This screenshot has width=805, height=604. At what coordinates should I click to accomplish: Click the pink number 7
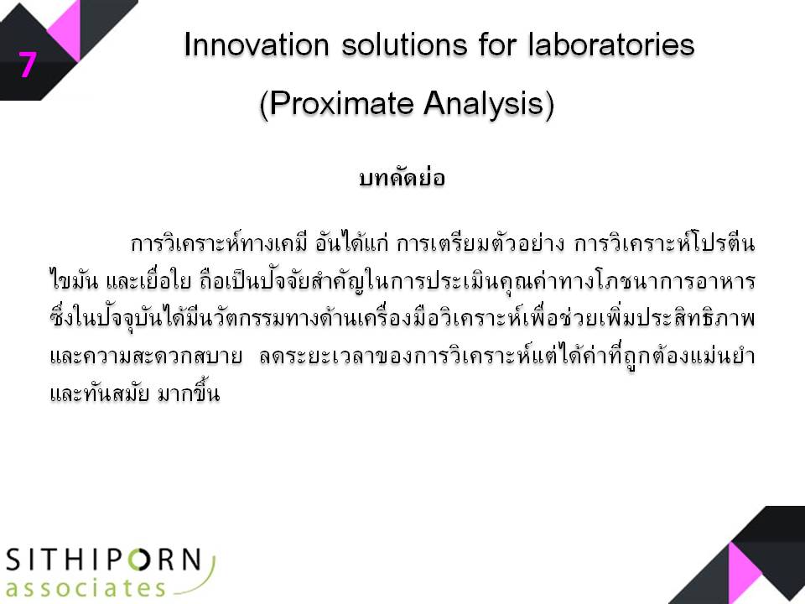(x=28, y=65)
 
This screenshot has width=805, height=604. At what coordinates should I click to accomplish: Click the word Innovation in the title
(x=257, y=44)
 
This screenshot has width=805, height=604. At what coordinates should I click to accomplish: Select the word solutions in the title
(x=404, y=44)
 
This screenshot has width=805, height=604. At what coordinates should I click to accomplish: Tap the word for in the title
(x=497, y=44)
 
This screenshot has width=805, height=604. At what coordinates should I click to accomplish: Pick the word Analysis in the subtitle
(x=489, y=104)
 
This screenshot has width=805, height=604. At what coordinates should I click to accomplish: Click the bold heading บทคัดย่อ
(x=402, y=176)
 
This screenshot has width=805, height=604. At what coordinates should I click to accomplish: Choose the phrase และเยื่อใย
(x=148, y=281)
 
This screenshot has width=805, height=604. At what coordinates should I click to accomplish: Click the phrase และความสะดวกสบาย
(x=146, y=355)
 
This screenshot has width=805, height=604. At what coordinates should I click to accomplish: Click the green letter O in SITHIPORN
(x=140, y=560)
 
